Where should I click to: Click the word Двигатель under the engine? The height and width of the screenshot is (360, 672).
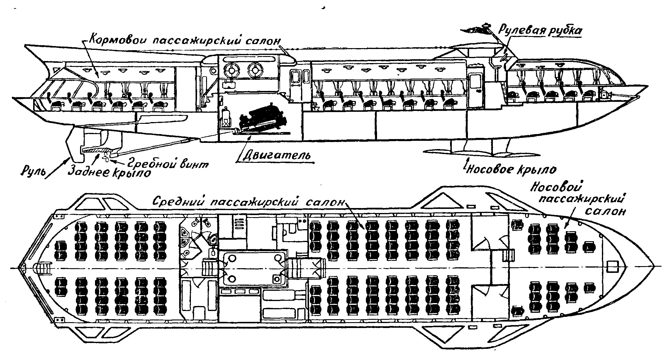tap(277, 155)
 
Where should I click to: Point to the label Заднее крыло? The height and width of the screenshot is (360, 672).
tap(110, 172)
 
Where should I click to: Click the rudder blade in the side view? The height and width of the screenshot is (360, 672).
tap(75, 147)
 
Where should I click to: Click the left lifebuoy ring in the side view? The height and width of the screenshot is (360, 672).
tap(231, 70)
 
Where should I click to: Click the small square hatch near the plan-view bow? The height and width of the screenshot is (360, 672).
tap(612, 267)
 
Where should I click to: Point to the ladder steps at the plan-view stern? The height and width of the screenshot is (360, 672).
tap(41, 268)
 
